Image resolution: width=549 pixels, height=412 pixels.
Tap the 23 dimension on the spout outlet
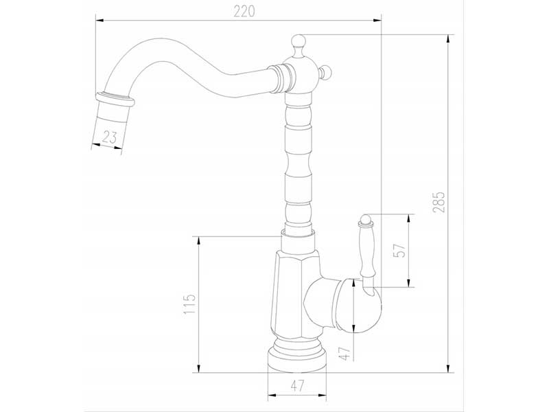pos(109,137)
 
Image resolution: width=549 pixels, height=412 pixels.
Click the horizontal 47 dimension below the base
pos(296,385)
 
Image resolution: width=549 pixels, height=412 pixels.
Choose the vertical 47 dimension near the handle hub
pos(345,354)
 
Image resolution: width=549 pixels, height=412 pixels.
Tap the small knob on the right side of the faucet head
pos(327,71)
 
